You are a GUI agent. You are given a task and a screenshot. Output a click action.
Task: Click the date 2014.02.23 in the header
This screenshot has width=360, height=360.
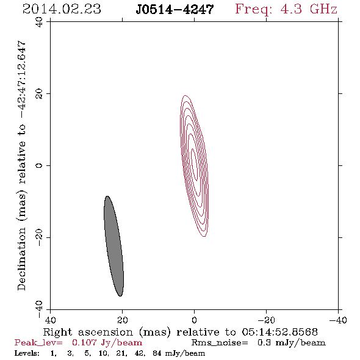point(62,9)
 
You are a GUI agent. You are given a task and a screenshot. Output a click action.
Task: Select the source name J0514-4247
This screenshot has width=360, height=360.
point(175,10)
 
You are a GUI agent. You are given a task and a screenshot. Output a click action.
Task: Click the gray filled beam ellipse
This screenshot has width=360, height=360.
point(113,246)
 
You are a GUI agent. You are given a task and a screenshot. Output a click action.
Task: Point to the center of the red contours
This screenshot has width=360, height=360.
point(195,166)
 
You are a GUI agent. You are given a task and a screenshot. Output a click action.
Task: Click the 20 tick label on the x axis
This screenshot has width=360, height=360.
point(123,320)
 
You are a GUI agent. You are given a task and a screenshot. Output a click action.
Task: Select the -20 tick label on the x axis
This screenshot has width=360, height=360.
point(266,320)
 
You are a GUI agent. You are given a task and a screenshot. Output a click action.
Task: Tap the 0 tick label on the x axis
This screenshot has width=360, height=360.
point(195,320)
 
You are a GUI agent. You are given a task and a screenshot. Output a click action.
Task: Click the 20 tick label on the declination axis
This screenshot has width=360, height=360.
point(39,94)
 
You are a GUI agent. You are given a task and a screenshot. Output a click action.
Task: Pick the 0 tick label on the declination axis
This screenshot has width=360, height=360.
point(39,165)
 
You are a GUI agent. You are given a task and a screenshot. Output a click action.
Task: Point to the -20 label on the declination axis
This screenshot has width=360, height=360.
point(39,237)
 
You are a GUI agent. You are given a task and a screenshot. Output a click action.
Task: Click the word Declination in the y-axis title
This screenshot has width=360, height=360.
point(21,259)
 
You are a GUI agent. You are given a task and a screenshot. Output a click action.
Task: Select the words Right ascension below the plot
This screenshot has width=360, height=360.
point(88,332)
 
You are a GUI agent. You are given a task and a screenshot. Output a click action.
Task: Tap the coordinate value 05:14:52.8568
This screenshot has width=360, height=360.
point(280,332)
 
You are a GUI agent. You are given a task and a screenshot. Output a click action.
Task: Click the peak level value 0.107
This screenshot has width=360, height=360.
point(84,342)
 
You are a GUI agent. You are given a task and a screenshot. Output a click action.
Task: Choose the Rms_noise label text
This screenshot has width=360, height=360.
point(220,343)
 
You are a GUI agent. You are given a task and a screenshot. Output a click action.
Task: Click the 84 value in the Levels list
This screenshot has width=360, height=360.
point(157,353)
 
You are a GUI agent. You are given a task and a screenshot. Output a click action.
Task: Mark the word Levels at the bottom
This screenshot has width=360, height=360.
point(27,353)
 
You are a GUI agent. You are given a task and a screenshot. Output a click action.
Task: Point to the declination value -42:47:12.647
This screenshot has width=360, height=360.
point(21,80)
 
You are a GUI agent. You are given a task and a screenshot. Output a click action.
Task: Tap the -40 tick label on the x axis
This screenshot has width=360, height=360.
point(338,320)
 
